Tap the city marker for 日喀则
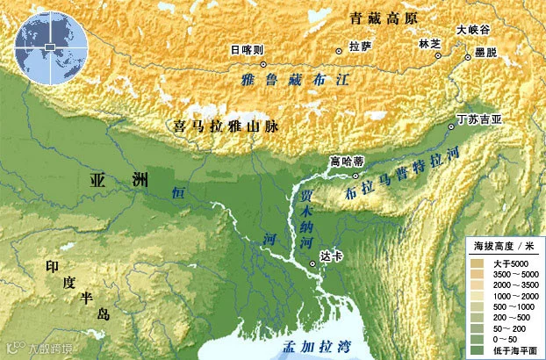click(263, 64)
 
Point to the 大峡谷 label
click(471, 30)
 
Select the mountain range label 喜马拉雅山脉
click(226, 126)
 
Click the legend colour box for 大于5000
click(478, 263)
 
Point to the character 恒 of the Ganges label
click(178, 192)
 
